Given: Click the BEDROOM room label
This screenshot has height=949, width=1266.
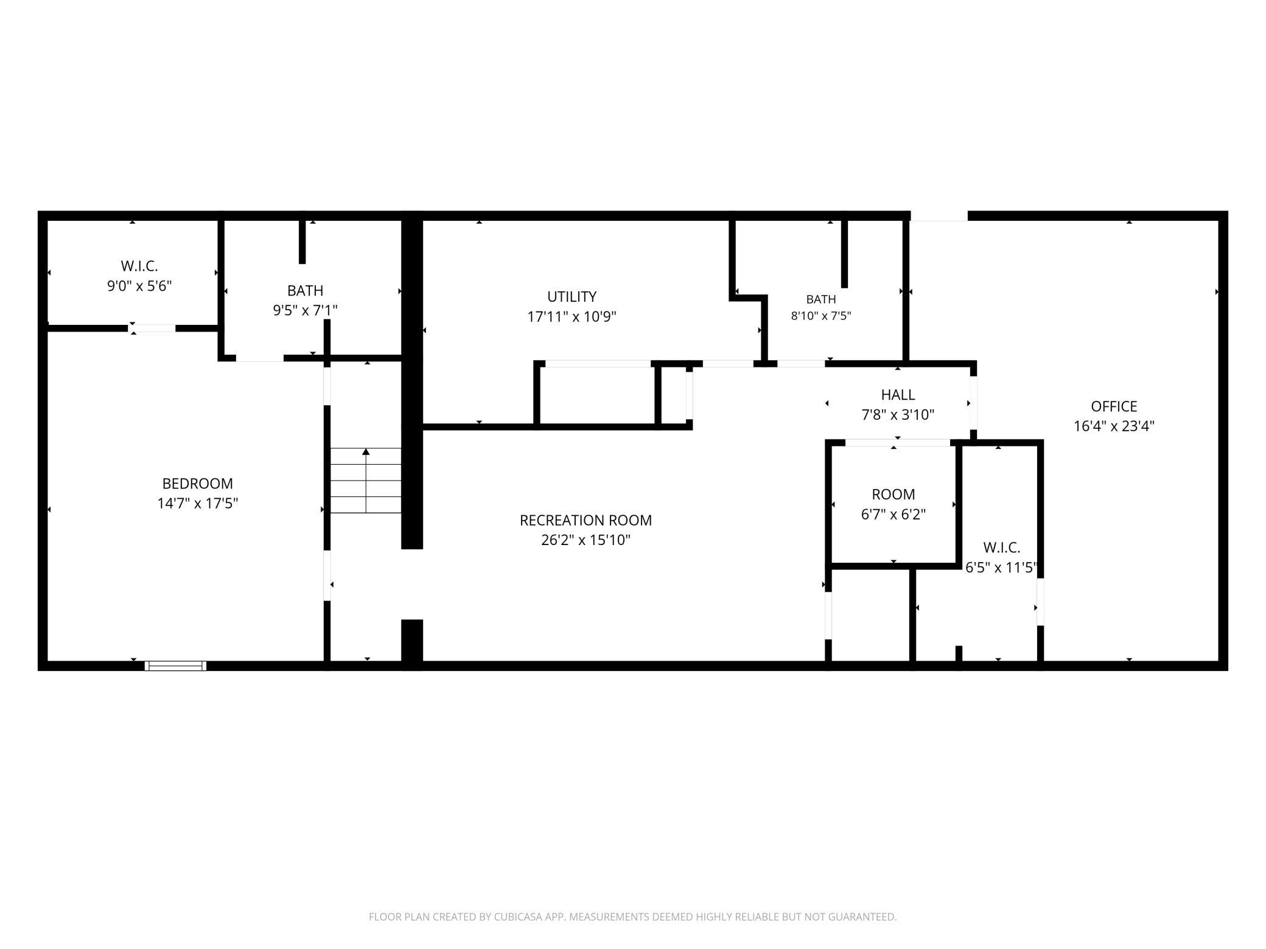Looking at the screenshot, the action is [x=197, y=484].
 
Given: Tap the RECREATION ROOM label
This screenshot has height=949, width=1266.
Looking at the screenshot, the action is [x=586, y=521].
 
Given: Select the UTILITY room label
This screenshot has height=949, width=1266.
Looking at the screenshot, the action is [x=572, y=297].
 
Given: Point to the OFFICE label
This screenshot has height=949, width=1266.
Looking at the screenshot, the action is [x=1114, y=406].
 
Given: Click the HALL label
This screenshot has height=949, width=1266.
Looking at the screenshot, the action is [x=898, y=395].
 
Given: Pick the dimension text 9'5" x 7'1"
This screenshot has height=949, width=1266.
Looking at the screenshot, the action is [x=305, y=310].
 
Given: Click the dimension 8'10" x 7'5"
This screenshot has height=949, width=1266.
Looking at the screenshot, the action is [x=821, y=316].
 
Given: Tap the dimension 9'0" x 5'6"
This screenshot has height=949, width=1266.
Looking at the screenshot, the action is [x=139, y=286].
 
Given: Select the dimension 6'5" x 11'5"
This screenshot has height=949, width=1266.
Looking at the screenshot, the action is [x=1001, y=568].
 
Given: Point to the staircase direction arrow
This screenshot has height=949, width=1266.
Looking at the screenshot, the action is [x=366, y=481].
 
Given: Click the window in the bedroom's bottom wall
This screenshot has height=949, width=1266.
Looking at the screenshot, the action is [x=175, y=666].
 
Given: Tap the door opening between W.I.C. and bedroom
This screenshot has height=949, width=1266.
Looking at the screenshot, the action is [x=152, y=328].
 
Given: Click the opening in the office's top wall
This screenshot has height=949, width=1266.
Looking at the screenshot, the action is [x=939, y=216].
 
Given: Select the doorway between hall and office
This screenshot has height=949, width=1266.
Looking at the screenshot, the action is [x=973, y=403].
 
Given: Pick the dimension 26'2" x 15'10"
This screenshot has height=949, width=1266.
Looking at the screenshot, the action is [x=586, y=540].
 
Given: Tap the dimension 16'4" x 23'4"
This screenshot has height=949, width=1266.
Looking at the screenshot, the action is [x=1114, y=426].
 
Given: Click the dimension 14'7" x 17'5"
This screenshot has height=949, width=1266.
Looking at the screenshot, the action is [x=197, y=504].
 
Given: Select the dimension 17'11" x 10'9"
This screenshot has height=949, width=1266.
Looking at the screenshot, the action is [x=572, y=317].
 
